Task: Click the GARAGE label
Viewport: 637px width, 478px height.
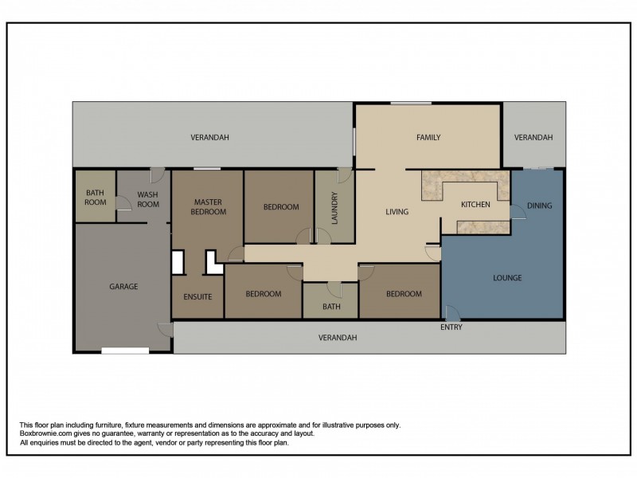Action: pos(123,287)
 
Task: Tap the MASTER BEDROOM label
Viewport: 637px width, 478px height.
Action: pos(209,207)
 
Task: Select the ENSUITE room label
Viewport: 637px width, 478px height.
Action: pos(197,296)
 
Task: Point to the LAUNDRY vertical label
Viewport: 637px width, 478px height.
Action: pos(334,208)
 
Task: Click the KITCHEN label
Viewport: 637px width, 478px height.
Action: pos(475,205)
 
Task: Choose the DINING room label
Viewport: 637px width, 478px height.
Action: pos(540,206)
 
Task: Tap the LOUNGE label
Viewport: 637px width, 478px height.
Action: pos(507,278)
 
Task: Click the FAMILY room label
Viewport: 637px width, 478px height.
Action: pos(428,137)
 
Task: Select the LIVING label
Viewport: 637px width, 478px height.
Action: pos(397,212)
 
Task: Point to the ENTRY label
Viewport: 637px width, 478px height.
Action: pos(451,327)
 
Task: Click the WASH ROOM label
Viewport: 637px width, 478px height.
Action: pos(148,200)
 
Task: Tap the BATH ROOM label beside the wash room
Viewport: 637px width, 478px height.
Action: pos(96,198)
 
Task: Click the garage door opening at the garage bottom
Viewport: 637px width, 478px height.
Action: pos(125,351)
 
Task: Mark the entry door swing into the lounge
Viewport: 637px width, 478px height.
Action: pos(452,311)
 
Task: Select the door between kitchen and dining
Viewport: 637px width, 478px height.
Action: pos(517,212)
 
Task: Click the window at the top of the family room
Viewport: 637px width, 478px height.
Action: pos(411,104)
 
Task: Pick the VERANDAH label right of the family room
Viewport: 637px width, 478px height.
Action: pos(533,137)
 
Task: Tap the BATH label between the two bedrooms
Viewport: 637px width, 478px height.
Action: pos(331,307)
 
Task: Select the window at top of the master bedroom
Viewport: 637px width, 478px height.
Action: pos(207,168)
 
